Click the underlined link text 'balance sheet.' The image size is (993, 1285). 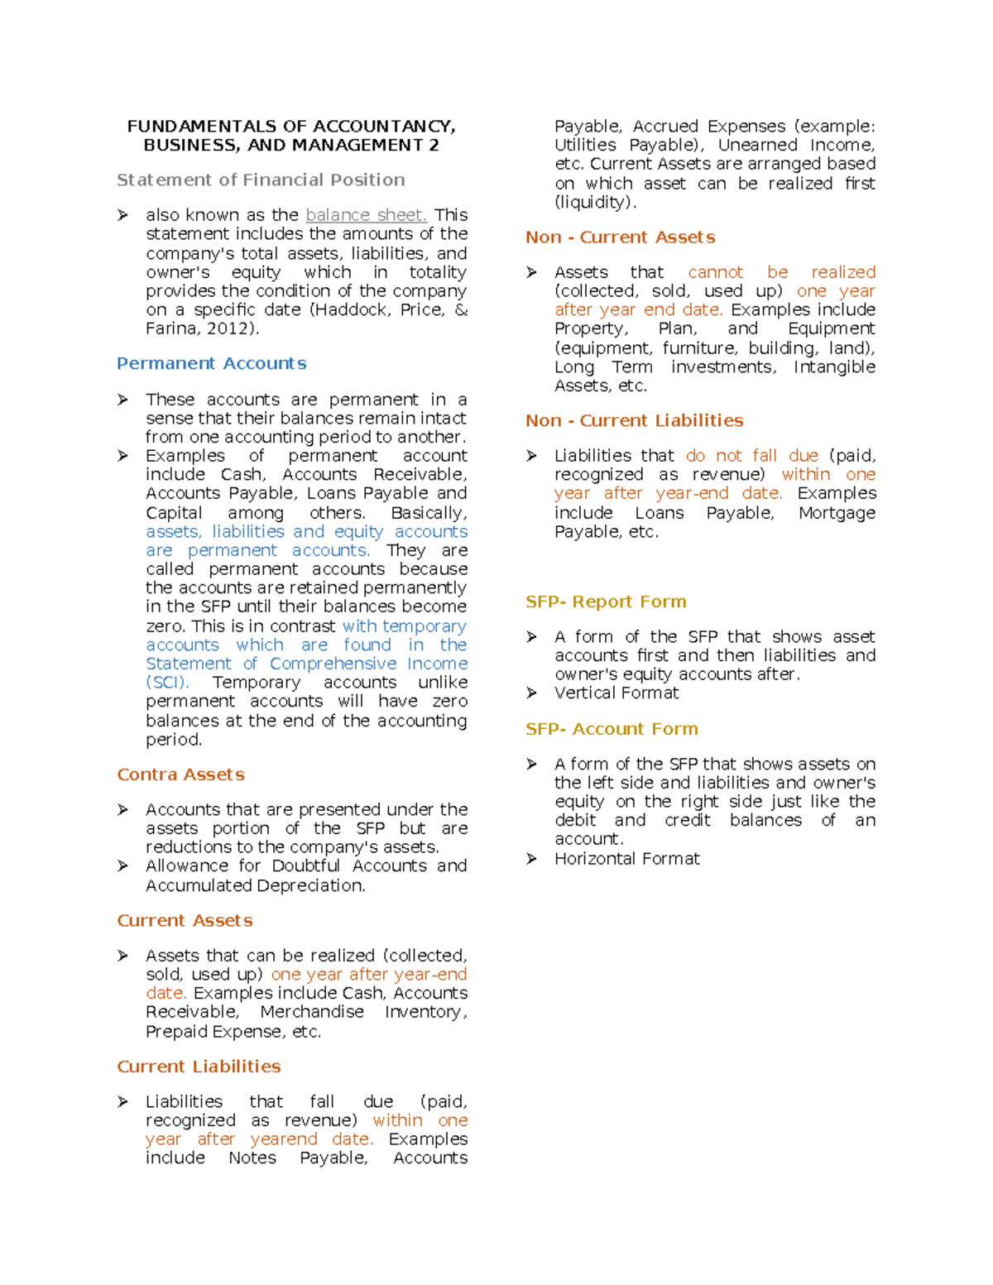[366, 215]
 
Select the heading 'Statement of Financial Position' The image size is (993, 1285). [261, 180]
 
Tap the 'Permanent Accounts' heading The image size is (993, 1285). [211, 363]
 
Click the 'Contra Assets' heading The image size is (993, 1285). [180, 774]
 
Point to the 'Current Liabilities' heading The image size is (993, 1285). [199, 1067]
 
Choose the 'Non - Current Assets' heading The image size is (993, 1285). [620, 237]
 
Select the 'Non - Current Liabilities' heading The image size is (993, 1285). [634, 420]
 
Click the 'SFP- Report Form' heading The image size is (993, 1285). [606, 602]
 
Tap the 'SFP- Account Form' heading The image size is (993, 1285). [612, 729]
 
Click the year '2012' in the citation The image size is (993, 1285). [228, 328]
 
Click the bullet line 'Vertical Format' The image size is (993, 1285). [616, 693]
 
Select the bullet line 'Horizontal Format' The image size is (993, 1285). [626, 859]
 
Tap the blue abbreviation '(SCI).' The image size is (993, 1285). [167, 683]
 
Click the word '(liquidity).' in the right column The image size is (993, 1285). [596, 203]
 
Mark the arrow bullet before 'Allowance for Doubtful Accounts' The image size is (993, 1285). [122, 866]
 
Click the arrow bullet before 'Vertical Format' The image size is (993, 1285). [531, 693]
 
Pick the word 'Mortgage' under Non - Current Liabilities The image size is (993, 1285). [837, 513]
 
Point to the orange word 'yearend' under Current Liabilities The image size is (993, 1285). [284, 1139]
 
